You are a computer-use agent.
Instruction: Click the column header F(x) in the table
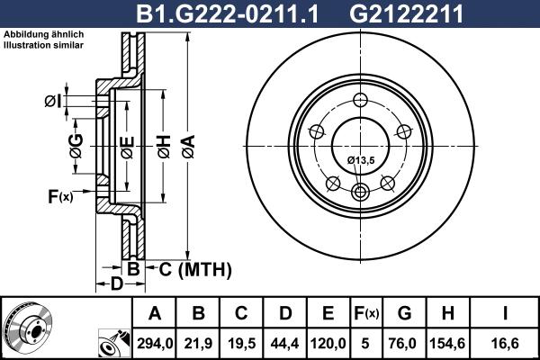coord(366,314)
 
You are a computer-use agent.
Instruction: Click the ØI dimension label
coord(53,101)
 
